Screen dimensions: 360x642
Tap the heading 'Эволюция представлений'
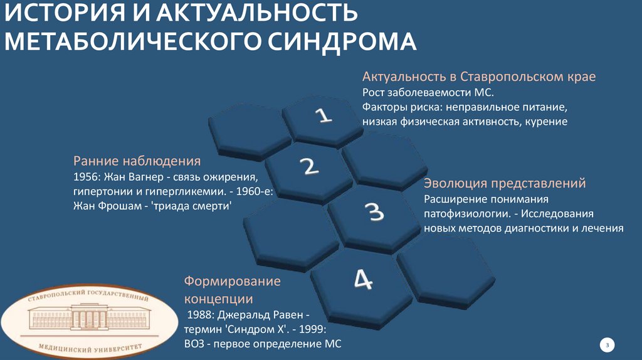point(505,184)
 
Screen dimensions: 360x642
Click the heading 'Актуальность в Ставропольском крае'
point(478,77)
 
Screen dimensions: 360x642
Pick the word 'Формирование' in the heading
point(232,281)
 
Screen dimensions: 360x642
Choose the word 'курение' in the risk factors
point(547,122)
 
